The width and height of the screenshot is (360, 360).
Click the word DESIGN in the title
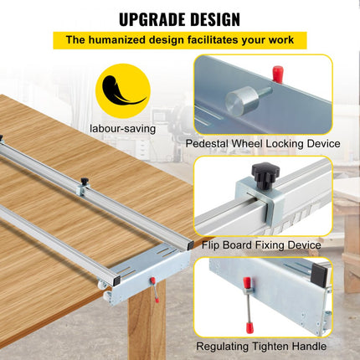[212, 18]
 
